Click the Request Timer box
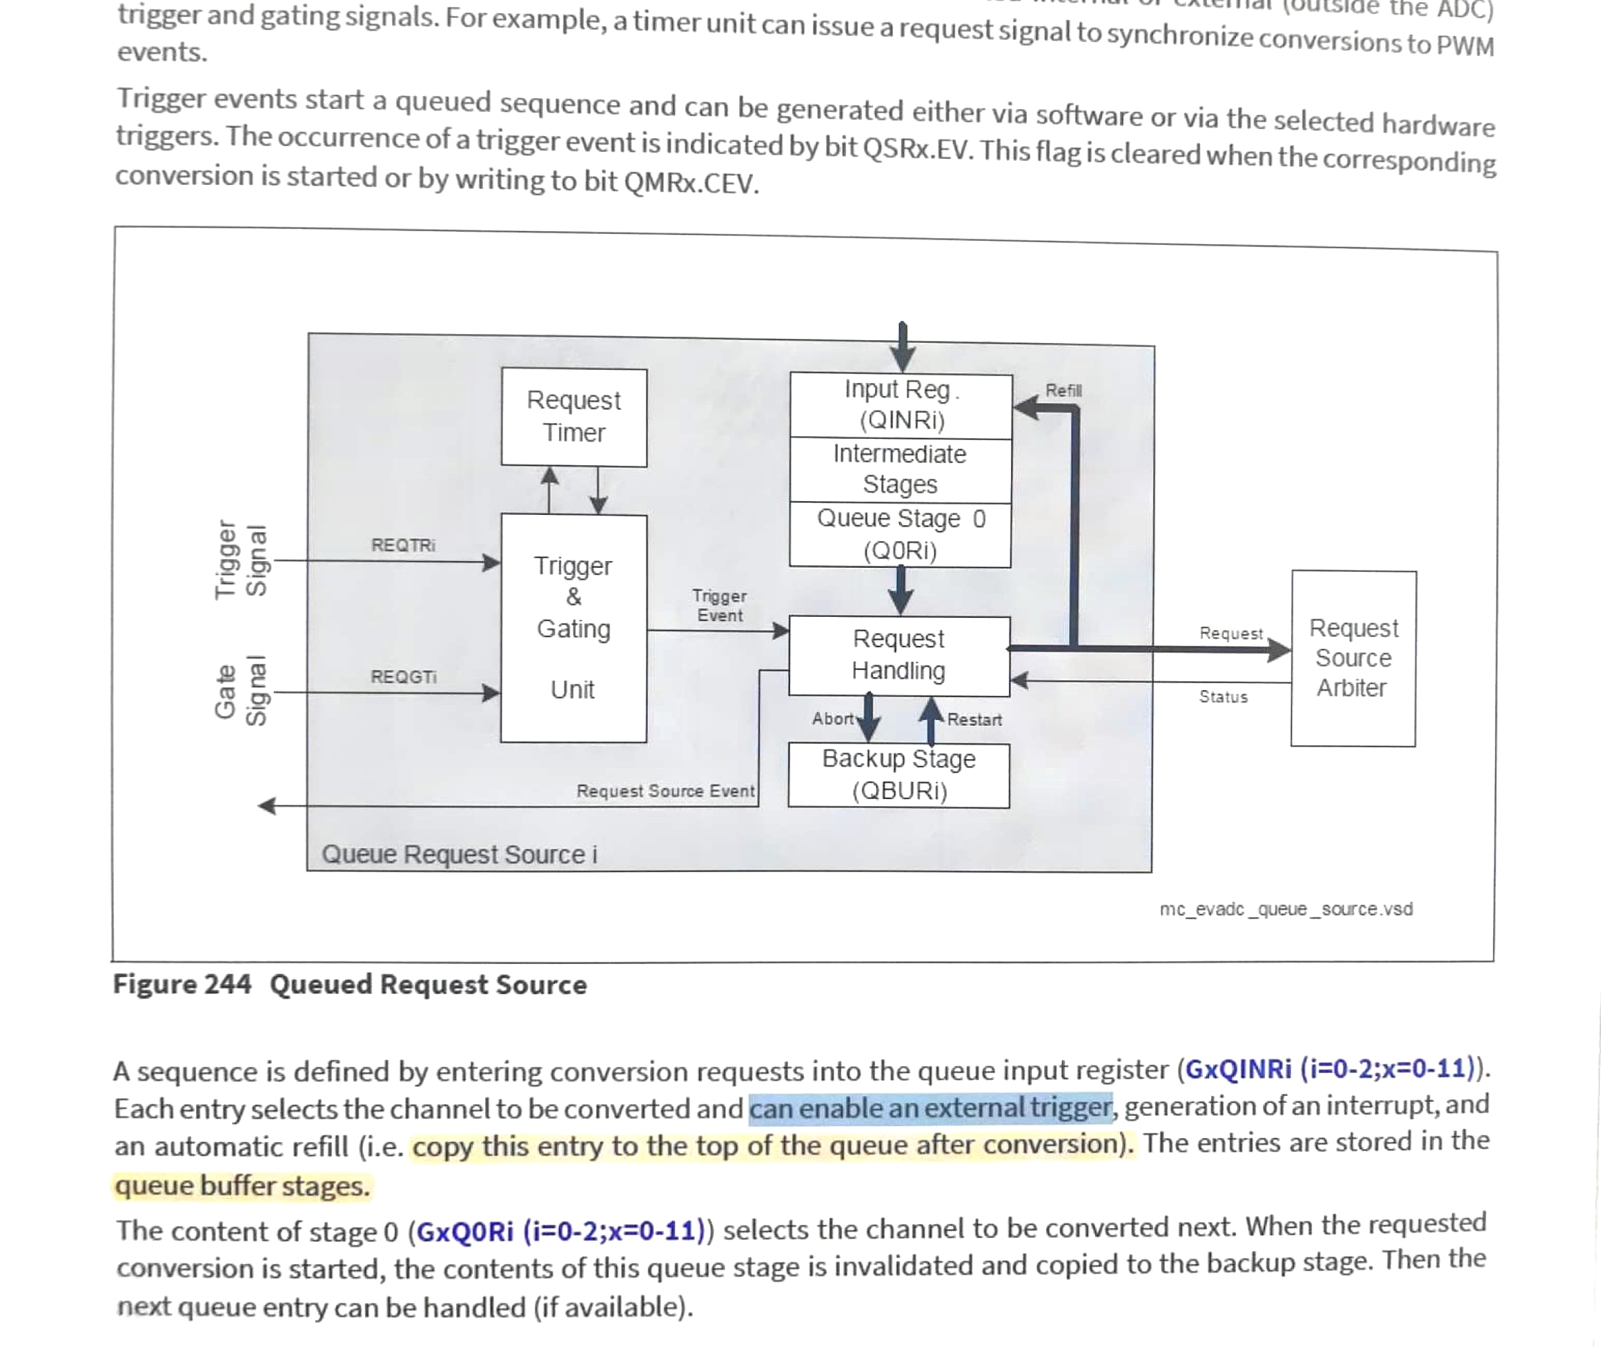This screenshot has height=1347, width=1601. pos(573,417)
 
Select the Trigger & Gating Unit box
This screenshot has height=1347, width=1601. pos(573,628)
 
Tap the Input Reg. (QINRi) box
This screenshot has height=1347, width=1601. pos(901,406)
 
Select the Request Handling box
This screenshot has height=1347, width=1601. pos(898,655)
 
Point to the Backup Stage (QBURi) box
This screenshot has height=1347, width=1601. pos(898,775)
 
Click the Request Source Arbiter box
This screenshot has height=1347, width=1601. pos(1353,658)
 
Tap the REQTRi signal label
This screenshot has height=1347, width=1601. pos(403,545)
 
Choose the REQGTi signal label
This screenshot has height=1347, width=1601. pos(403,676)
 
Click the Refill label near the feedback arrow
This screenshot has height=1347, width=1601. pos(1063,391)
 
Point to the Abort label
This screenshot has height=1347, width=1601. pos(832,718)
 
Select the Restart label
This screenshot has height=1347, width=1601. pos(974,719)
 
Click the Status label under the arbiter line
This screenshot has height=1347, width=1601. pos(1223,696)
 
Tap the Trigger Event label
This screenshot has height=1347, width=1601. pos(719,606)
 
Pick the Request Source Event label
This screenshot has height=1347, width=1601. pos(666,791)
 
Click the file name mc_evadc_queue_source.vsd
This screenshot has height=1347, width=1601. pos(1286,909)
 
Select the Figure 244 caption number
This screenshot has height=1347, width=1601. pos(181,984)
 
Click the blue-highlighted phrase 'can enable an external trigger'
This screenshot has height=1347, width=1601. pos(930,1108)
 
